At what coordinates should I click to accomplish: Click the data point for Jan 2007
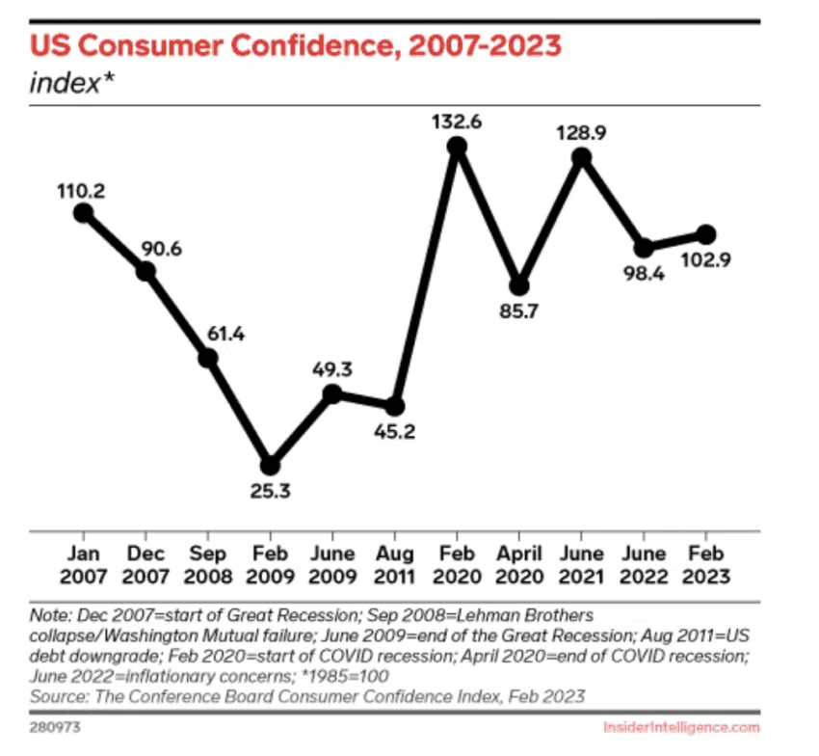83,213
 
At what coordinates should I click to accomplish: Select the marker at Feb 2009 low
270,466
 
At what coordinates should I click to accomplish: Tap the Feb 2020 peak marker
457,147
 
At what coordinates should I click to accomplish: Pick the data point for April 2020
519,285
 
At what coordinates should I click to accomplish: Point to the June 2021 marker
581,159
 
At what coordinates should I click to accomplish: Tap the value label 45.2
395,433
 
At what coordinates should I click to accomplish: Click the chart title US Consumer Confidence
295,45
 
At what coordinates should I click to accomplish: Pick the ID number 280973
54,726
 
